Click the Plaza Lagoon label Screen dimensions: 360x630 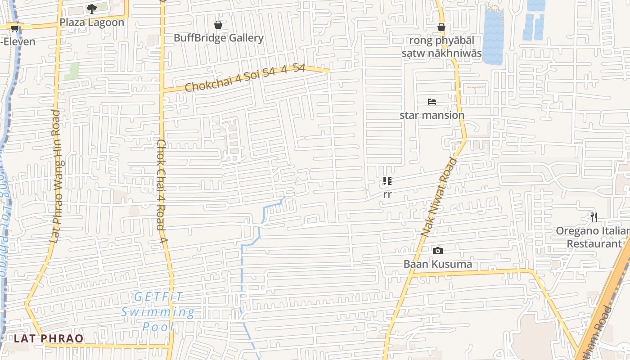[x=92, y=22]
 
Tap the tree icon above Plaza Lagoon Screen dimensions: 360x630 [x=92, y=9]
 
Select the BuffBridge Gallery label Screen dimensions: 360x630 [x=219, y=38]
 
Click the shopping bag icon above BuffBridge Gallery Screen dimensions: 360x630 [x=218, y=25]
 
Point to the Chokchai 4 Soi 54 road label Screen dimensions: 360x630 [x=245, y=78]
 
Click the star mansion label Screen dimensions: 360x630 [x=432, y=115]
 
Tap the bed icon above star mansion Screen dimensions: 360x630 [x=432, y=102]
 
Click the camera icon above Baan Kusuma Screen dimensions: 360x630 [x=437, y=251]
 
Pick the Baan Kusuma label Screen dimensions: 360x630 [x=438, y=264]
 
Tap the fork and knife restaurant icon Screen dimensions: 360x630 [x=594, y=217]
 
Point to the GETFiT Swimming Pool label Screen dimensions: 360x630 [x=158, y=311]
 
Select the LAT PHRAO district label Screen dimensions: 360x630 [x=49, y=338]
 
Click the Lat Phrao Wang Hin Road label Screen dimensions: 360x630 [x=55, y=176]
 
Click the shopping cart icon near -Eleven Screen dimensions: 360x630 [x=14, y=29]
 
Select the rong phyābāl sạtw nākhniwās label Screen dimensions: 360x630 [x=441, y=47]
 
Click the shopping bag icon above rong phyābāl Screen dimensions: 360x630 [x=441, y=27]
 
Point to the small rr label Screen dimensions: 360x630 [x=387, y=194]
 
